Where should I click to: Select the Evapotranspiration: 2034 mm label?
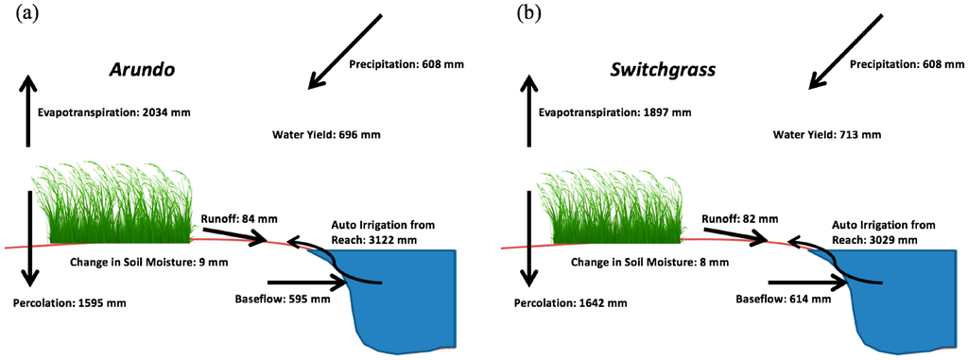point(114,111)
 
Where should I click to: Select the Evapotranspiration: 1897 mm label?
point(614,111)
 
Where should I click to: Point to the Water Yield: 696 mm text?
point(326,135)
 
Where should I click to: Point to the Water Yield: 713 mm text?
point(826,135)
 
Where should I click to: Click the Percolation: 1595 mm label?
point(69,303)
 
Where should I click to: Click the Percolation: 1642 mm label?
point(569,303)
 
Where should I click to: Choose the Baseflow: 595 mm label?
point(283,300)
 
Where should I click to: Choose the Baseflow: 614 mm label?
point(783,300)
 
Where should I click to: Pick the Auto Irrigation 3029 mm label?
point(884,233)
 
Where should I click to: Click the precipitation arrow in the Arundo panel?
point(346,52)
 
